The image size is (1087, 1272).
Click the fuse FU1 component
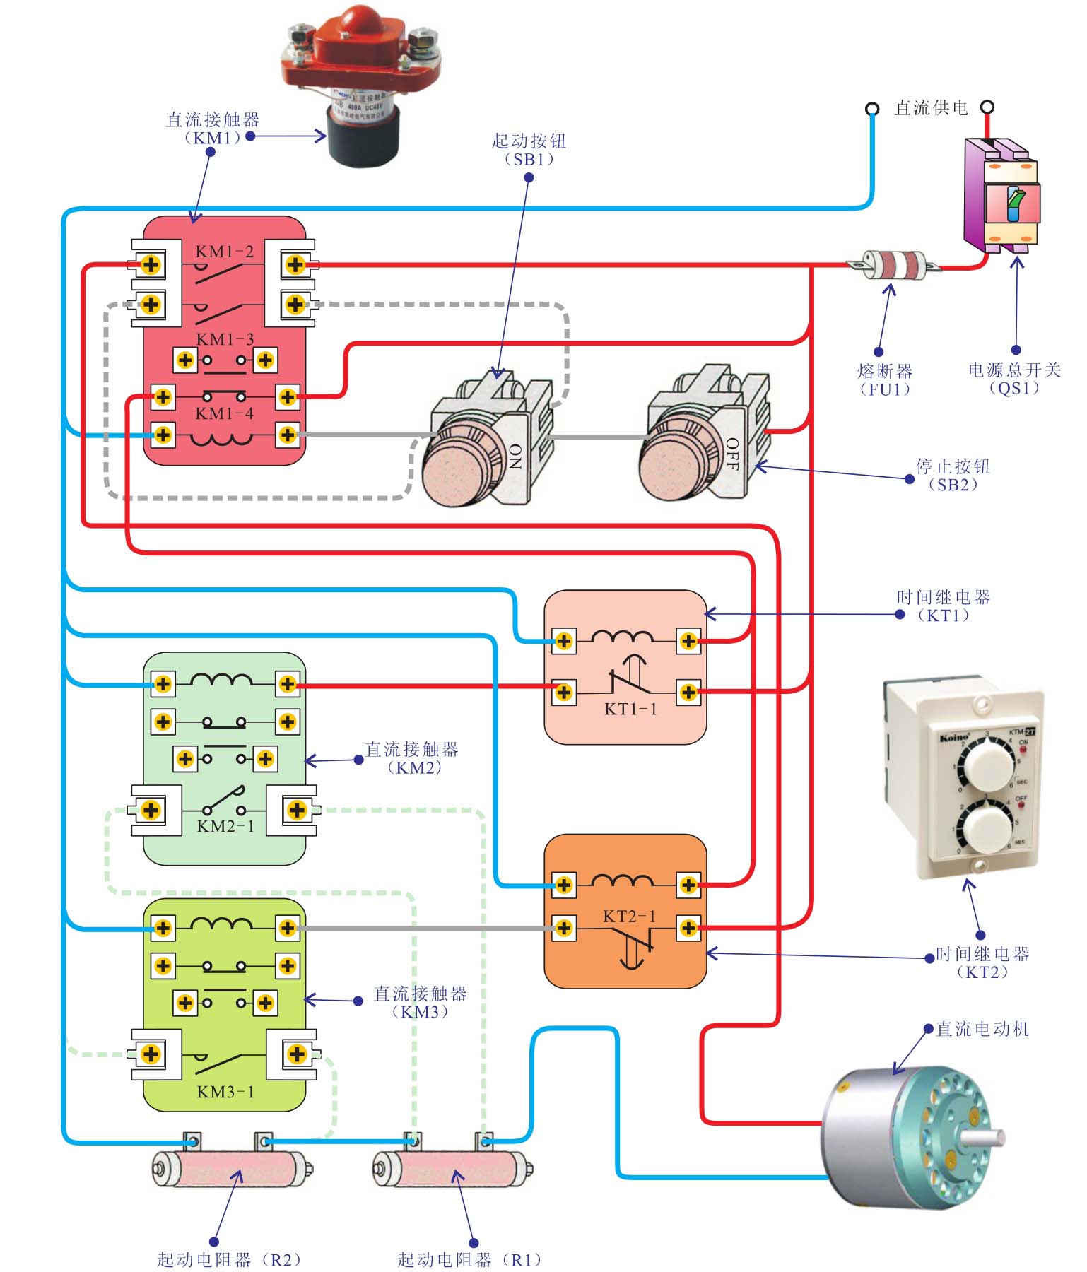[895, 266]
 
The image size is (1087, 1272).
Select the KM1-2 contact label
[224, 252]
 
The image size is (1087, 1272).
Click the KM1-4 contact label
[224, 413]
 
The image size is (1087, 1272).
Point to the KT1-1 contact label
[630, 709]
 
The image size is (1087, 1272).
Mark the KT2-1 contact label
[629, 917]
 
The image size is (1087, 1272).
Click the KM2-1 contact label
[225, 826]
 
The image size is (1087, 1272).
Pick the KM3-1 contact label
[225, 1092]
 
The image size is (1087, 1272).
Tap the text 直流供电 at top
[931, 108]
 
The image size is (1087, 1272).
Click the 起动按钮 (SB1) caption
[529, 150]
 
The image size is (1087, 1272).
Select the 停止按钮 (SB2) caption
[953, 475]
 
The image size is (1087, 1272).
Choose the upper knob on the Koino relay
[987, 762]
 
